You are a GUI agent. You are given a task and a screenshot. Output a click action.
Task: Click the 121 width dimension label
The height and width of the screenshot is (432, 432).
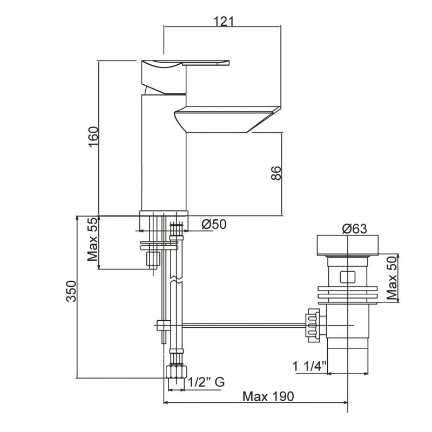224,21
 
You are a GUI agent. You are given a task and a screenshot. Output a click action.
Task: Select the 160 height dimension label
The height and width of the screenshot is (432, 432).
93,137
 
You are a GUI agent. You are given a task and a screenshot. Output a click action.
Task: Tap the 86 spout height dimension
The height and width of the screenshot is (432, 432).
276,173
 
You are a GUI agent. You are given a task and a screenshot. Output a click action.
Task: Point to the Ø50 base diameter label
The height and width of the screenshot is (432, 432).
214,224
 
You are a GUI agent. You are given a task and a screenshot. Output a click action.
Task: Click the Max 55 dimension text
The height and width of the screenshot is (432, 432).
93,239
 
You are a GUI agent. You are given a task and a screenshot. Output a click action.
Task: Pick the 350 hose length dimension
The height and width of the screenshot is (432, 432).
71,291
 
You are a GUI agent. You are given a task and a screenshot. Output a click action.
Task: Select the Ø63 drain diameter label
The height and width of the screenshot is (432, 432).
355,228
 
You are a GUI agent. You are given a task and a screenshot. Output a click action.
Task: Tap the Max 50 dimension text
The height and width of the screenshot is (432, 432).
392,278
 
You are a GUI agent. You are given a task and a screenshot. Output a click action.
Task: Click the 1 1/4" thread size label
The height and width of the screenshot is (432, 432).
309,367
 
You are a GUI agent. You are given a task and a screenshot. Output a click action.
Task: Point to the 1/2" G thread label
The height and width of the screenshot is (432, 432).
207,382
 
